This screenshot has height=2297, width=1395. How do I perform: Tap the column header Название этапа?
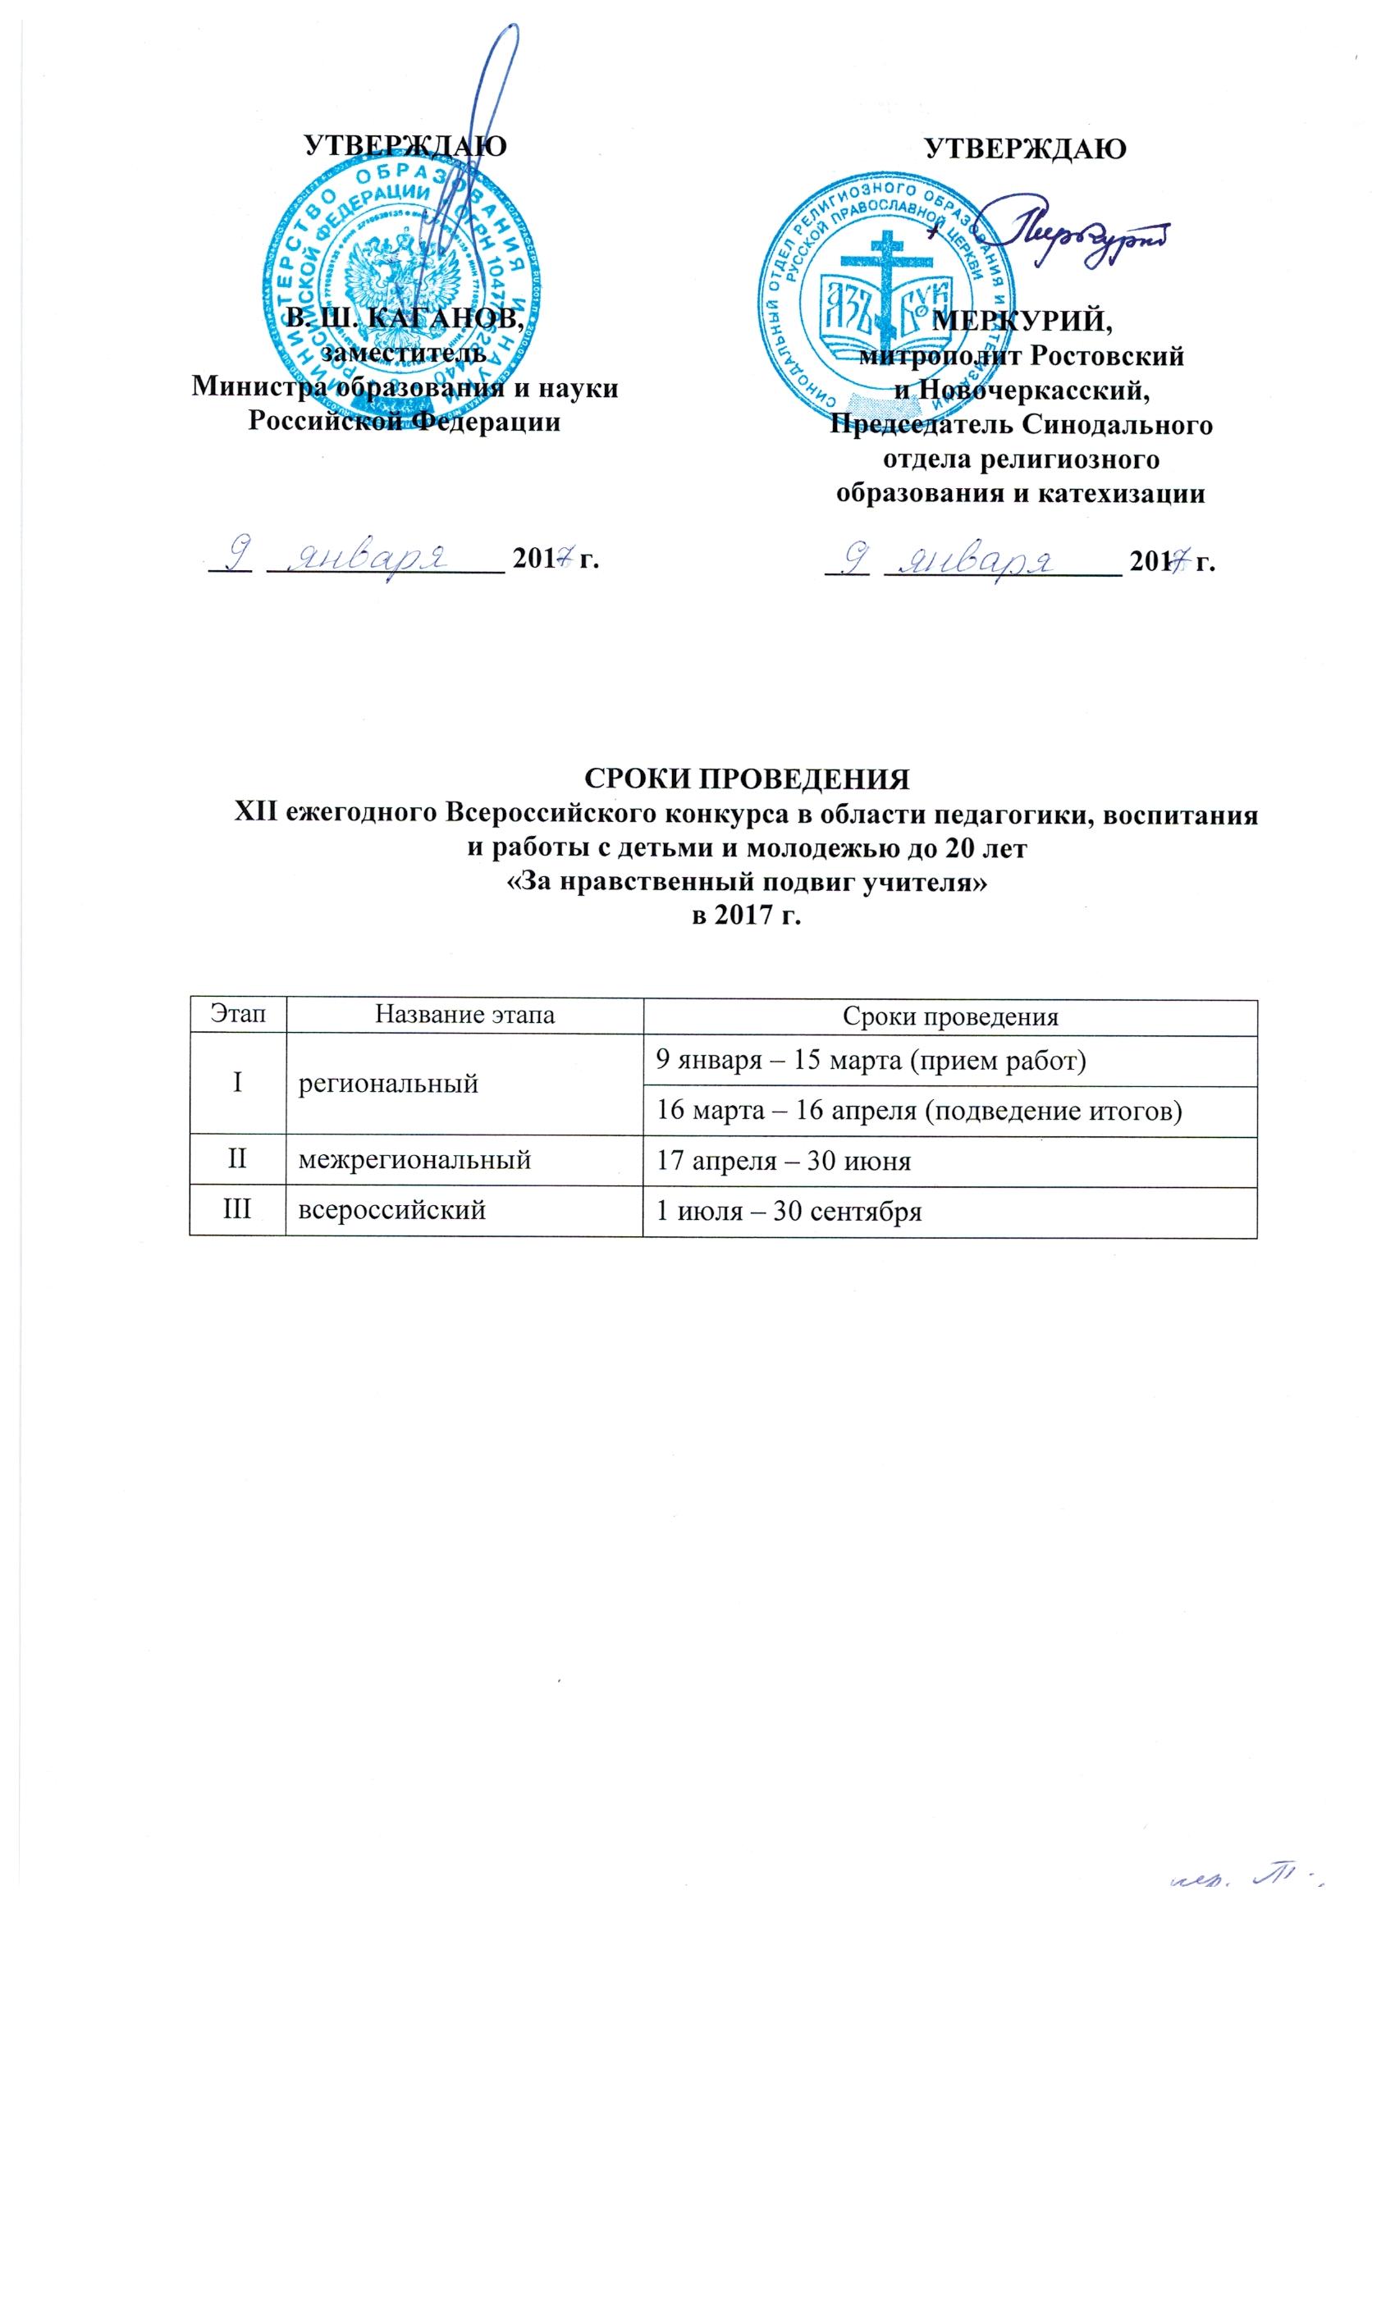464,1016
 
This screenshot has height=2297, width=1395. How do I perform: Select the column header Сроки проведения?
949,1017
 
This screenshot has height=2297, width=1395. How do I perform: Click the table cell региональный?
388,1083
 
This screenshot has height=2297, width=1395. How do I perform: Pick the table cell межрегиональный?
415,1160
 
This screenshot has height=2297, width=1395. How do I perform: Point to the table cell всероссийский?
391,1210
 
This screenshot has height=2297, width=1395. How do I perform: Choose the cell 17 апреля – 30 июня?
784,1162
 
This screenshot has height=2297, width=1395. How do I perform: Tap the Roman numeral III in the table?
237,1210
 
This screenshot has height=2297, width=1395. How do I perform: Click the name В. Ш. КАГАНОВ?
404,317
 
